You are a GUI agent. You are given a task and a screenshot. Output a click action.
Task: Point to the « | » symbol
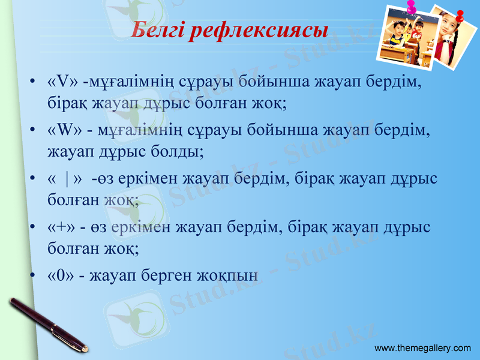tap(67, 179)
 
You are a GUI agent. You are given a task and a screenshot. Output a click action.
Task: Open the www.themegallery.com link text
tap(422, 349)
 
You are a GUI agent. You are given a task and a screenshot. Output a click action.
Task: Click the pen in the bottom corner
tap(48, 324)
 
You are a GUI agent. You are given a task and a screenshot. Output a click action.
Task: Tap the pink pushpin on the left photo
tap(412, 7)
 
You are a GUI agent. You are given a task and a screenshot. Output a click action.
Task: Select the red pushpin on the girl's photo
tap(461, 16)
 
